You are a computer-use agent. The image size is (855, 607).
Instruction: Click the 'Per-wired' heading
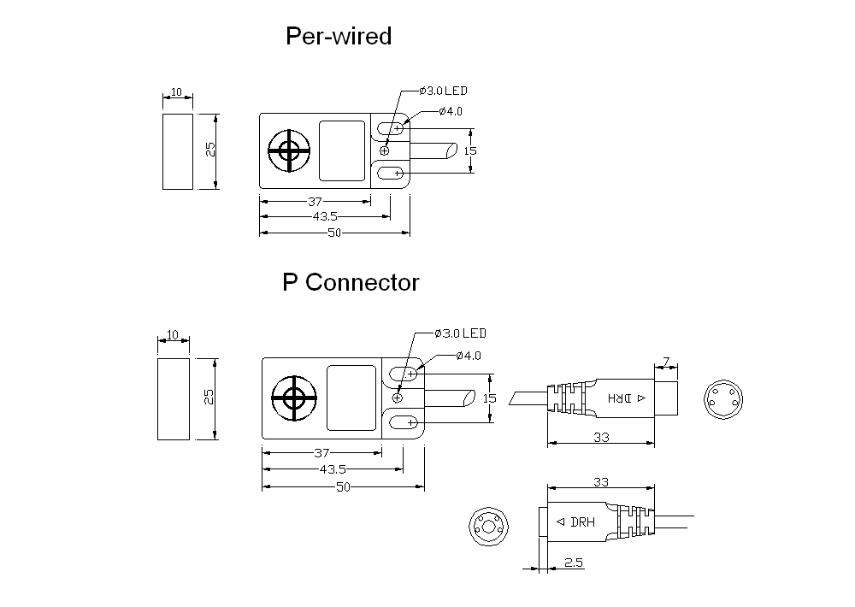tap(339, 37)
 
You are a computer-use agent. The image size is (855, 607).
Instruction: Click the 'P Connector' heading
tap(351, 282)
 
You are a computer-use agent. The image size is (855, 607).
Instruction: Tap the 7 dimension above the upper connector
tap(666, 362)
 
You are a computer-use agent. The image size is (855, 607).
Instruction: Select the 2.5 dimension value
tap(574, 563)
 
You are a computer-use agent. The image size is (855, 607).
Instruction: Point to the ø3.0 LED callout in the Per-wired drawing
tap(443, 91)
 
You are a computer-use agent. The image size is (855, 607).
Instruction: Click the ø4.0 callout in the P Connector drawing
tap(469, 356)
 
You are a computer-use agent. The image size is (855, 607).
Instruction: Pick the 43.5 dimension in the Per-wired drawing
tap(325, 216)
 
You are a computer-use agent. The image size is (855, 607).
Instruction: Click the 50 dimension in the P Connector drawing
tap(343, 487)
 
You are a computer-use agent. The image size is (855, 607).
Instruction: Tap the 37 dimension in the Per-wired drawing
tap(315, 201)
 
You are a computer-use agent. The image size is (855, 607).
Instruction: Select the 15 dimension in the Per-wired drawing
tap(470, 150)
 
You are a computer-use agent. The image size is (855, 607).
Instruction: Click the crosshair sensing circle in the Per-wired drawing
tap(289, 150)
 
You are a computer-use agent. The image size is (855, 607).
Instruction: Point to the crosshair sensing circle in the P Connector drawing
tap(294, 398)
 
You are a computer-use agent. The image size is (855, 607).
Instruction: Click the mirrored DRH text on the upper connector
tap(627, 398)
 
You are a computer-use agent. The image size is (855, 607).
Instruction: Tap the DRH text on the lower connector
tap(575, 522)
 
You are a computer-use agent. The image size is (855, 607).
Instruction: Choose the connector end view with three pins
tap(723, 399)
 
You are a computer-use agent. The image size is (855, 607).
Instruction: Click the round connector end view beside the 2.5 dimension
tap(488, 527)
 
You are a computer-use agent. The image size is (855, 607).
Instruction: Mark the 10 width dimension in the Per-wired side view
tap(177, 91)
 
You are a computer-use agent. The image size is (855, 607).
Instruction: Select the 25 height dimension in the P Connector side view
tap(209, 397)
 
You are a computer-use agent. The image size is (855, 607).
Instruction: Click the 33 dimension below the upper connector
tap(601, 438)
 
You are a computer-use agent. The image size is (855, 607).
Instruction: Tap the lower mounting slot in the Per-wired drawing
tap(391, 173)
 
